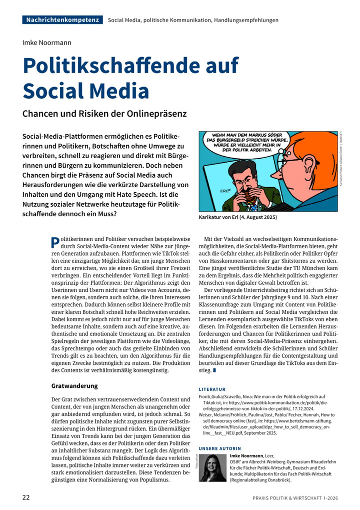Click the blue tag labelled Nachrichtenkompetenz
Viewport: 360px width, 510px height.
coord(62,20)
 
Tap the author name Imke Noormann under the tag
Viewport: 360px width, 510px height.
coord(47,43)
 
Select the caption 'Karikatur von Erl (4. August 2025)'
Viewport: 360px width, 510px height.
coord(237,218)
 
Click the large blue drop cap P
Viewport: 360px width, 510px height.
coord(55,243)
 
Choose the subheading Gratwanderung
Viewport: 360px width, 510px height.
coord(74,386)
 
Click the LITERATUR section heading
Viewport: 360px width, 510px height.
coord(212,389)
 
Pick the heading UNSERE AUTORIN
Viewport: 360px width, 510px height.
coord(220,448)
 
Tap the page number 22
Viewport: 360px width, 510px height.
coord(26,497)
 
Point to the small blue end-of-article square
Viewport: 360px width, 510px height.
coord(214,371)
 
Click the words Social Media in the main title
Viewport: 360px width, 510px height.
coord(86,91)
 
